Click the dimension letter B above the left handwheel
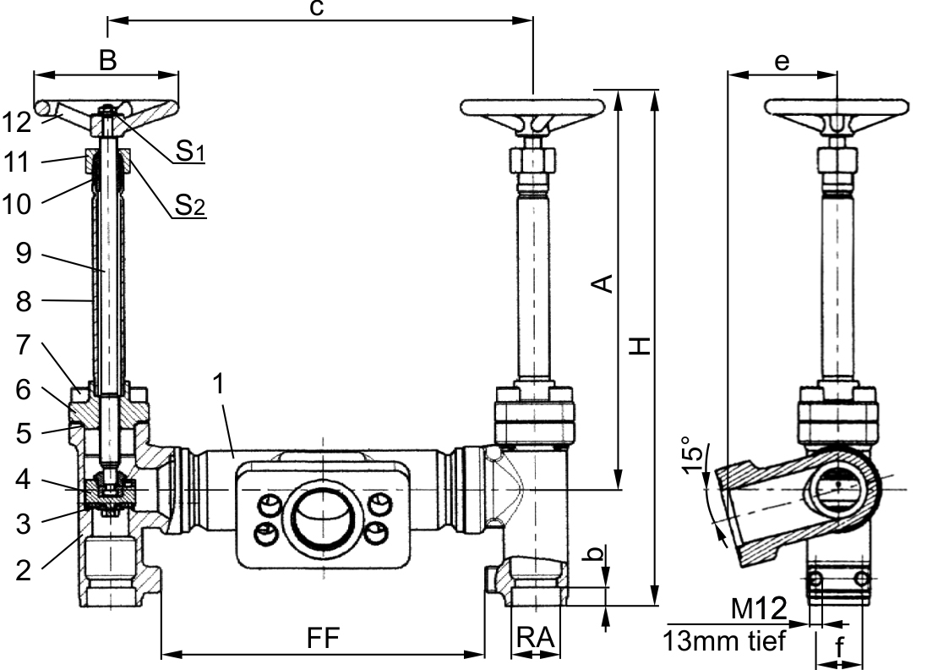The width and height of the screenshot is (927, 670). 107,60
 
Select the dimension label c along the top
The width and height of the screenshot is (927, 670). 317,8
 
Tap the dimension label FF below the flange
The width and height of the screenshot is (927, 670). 324,638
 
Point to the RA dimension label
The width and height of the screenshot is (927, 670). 536,638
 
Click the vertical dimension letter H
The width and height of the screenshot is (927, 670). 640,346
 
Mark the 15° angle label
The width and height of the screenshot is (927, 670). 694,456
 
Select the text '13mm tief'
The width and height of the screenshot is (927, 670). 724,640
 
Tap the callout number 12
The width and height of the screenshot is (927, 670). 17,123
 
